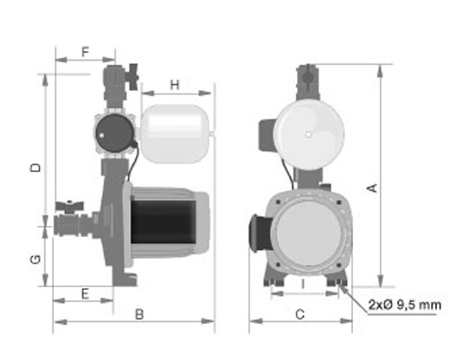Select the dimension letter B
pyautogui.click(x=139, y=315)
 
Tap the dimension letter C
pyautogui.click(x=300, y=315)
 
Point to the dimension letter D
pyautogui.click(x=35, y=167)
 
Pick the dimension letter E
pyautogui.click(x=85, y=293)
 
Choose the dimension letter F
pyautogui.click(x=86, y=52)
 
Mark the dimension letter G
pyautogui.click(x=35, y=260)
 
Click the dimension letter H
pyautogui.click(x=175, y=85)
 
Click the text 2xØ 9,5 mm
pyautogui.click(x=405, y=305)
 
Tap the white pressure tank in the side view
pyautogui.click(x=176, y=134)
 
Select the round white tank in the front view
pyautogui.click(x=309, y=132)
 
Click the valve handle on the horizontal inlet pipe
pyautogui.click(x=66, y=208)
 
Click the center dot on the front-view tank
pyautogui.click(x=309, y=133)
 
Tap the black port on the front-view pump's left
pyautogui.click(x=257, y=229)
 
